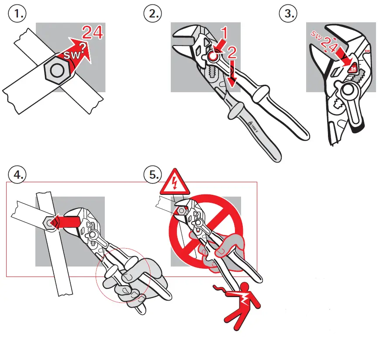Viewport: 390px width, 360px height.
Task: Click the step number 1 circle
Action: (17, 14)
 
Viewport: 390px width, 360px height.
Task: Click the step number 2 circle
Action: (152, 14)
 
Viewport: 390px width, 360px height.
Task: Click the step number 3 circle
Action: (288, 14)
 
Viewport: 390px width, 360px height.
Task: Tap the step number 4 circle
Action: (17, 175)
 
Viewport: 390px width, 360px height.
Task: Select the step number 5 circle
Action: (152, 175)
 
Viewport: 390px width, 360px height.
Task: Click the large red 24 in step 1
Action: (93, 33)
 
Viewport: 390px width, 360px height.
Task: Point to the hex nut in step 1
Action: (55, 70)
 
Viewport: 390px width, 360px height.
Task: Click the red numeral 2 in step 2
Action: (231, 53)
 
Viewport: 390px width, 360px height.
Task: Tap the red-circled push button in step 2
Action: (213, 56)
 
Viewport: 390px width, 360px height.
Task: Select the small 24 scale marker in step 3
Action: (353, 68)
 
